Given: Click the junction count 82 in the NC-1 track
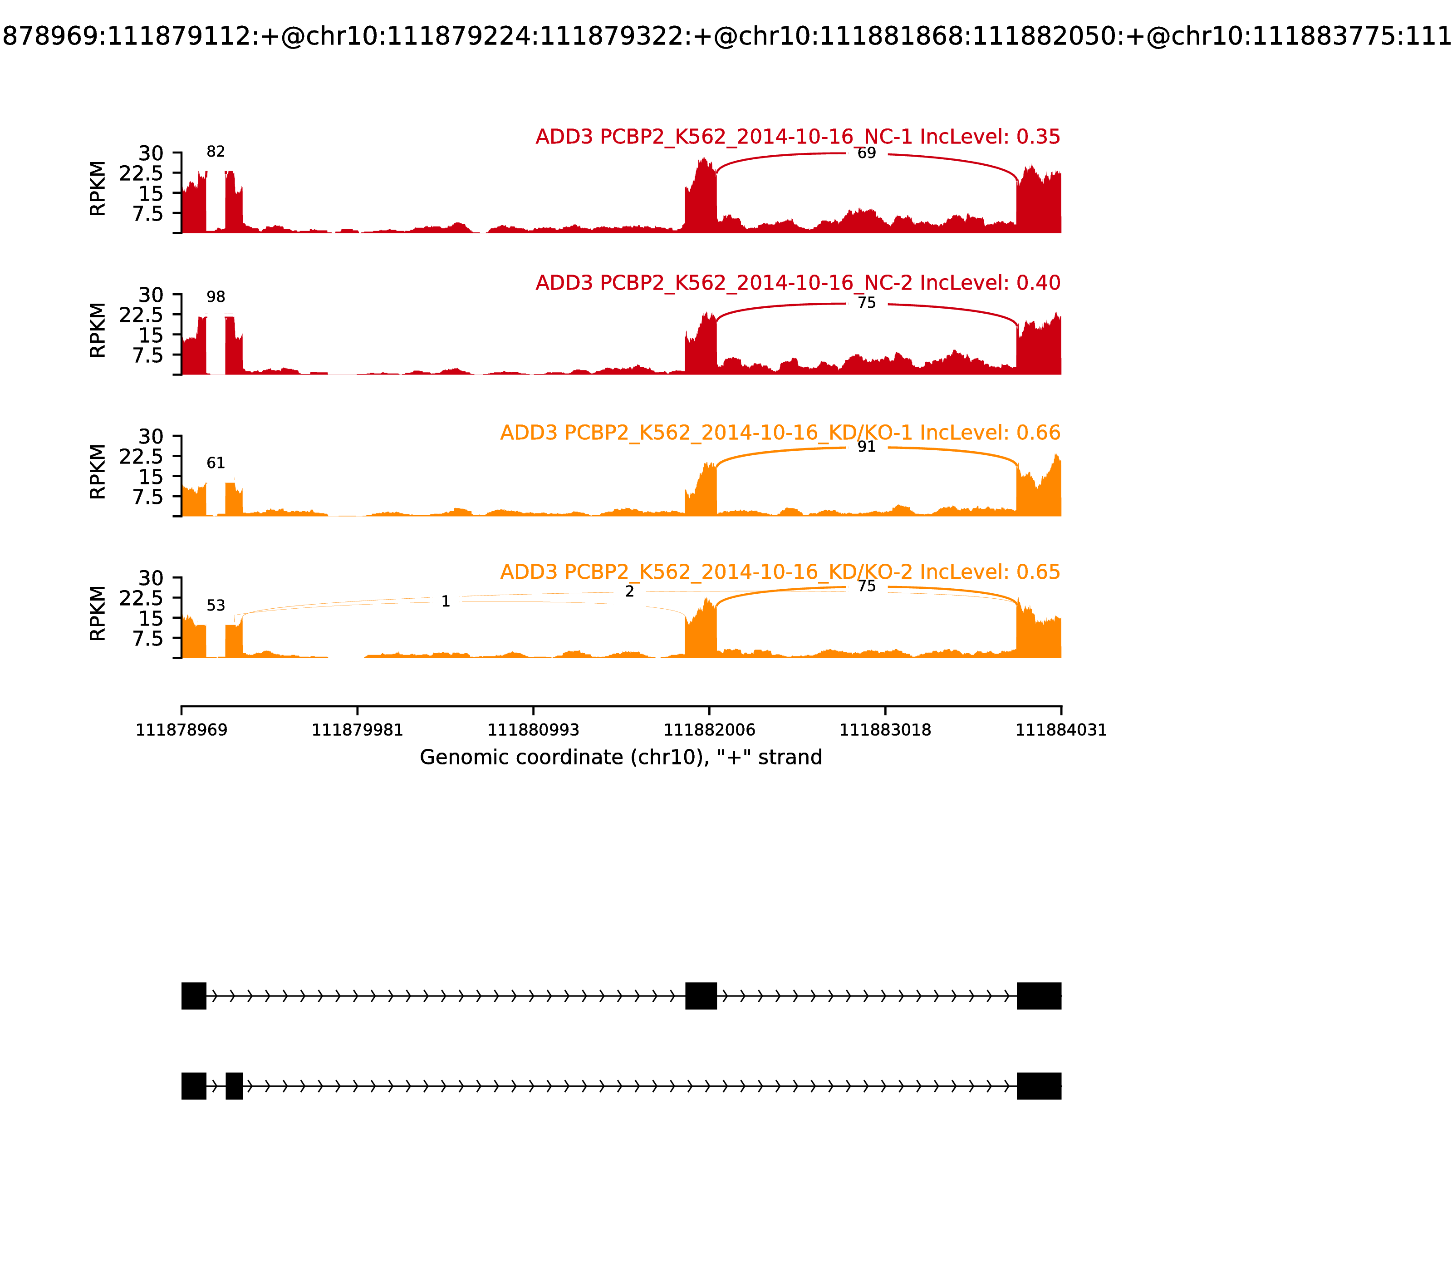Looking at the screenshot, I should (216, 152).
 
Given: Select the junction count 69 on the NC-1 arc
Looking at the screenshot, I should (866, 153).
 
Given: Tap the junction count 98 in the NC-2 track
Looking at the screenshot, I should (216, 297).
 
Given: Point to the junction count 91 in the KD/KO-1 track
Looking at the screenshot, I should (866, 447).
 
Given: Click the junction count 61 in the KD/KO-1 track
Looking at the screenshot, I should (216, 463).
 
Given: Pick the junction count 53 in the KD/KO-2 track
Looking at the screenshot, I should (216, 606).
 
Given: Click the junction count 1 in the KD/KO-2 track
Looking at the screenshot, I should (445, 601).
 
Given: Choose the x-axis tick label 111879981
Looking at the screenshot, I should (358, 730).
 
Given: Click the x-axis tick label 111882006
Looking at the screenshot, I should (709, 730).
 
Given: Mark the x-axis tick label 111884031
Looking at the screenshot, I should (1061, 730).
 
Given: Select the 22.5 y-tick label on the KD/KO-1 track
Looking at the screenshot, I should (141, 456).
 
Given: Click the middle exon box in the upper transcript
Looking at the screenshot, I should (701, 996).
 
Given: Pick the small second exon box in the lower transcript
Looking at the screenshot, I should (234, 1086).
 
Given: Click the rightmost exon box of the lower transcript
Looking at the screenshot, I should (1039, 1086).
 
